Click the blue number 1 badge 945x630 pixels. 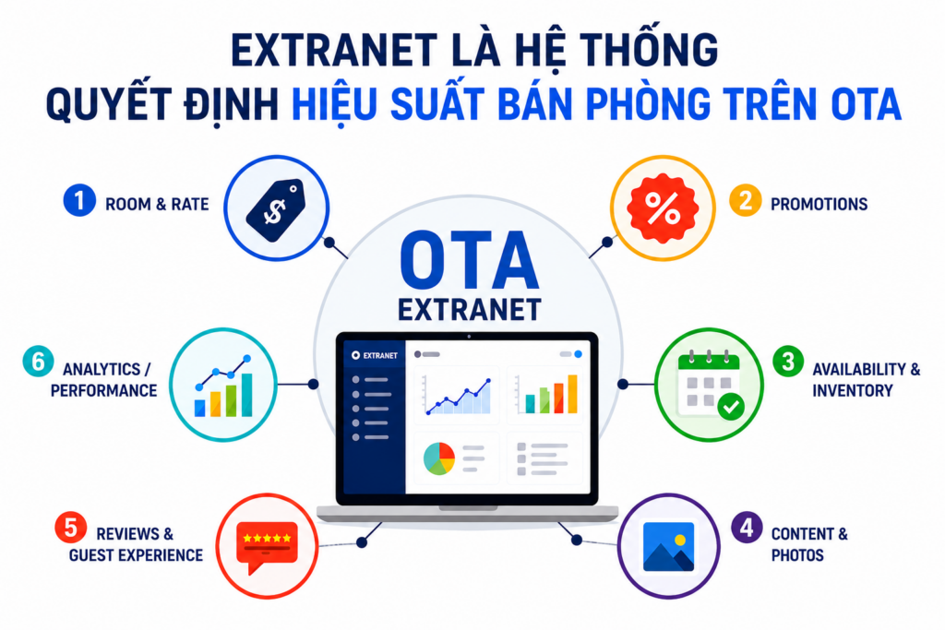pos(79,200)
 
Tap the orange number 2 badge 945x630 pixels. pos(745,200)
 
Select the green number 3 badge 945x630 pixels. pos(788,362)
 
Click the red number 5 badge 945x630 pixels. pos(70,527)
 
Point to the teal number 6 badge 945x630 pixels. pos(38,362)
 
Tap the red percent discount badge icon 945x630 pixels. pos(663,208)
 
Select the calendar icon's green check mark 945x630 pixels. pos(731,407)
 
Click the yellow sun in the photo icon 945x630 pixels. pos(680,540)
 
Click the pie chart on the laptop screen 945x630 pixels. pos(439,459)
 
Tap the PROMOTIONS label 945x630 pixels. pos(819,204)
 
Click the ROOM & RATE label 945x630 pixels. pos(157,204)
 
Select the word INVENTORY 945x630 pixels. pos(853,391)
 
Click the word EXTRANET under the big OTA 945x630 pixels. pos(470,310)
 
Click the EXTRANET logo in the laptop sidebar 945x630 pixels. pos(375,355)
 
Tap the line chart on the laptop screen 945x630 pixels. pos(457,395)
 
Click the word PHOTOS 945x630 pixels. pos(797,555)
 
